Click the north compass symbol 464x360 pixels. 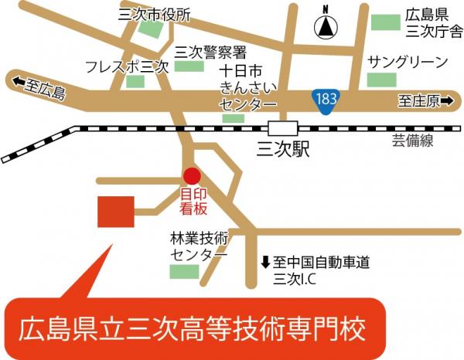(326, 28)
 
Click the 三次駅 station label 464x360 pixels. (282, 150)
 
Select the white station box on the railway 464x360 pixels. (283, 130)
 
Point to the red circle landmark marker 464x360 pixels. (192, 176)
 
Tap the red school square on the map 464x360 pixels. (116, 211)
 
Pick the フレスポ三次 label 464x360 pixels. (127, 66)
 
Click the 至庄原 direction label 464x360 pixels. (424, 101)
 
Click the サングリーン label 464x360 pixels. (408, 61)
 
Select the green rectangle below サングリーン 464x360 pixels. (381, 79)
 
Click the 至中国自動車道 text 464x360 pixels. (318, 263)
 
